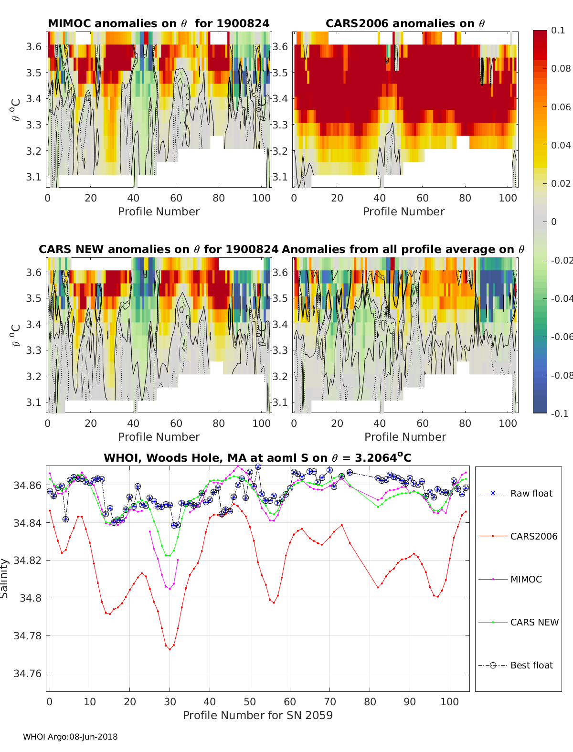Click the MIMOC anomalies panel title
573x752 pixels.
point(159,23)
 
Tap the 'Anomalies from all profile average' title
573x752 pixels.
point(403,249)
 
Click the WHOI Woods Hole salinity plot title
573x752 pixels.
point(257,458)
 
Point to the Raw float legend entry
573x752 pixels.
point(531,493)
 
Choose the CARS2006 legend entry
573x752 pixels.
point(533,536)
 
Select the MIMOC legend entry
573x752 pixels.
point(526,579)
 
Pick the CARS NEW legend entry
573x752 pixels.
point(534,622)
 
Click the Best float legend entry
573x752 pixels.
point(531,665)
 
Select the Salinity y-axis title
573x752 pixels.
point(5,578)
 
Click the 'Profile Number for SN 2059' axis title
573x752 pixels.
point(257,715)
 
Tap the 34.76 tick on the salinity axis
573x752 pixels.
point(28,673)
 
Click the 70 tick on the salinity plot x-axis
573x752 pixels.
point(329,701)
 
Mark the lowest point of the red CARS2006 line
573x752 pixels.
point(170,649)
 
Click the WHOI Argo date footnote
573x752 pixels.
point(70,737)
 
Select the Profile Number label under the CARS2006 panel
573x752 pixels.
point(403,212)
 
